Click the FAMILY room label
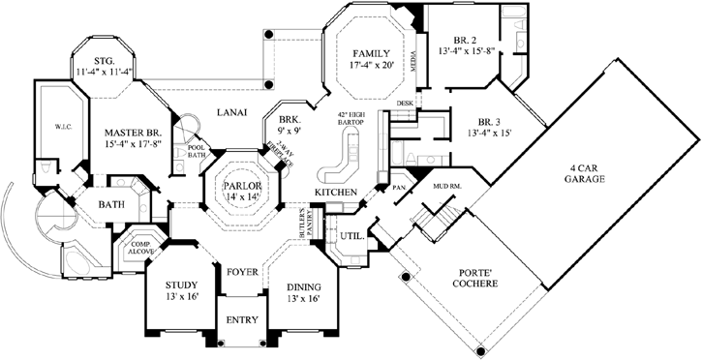click(x=370, y=52)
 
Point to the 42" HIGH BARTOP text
click(x=349, y=119)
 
